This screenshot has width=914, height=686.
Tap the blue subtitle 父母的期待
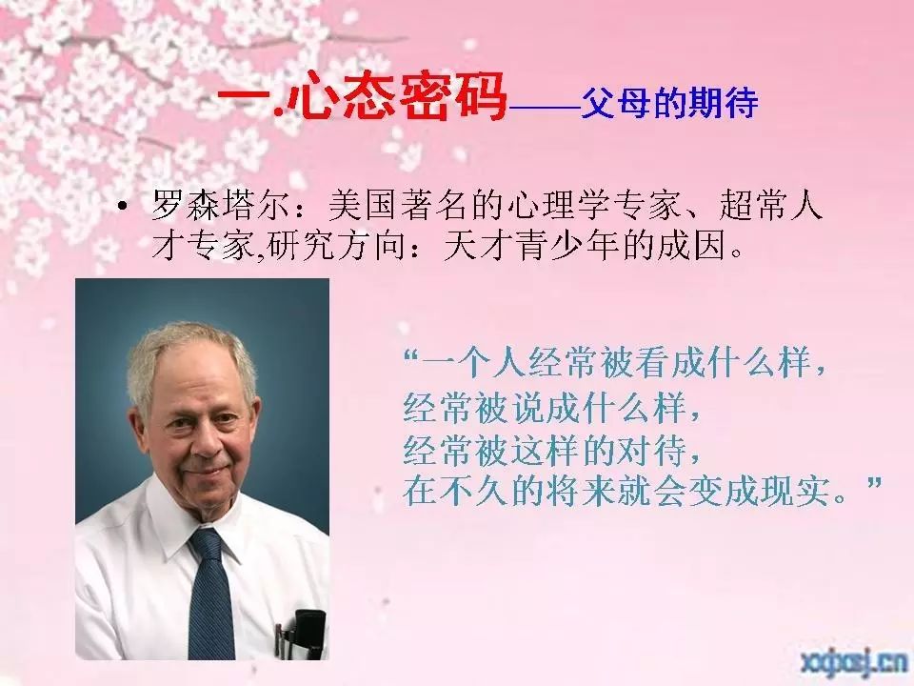[x=669, y=104]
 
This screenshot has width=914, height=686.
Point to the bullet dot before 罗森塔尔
[x=122, y=206]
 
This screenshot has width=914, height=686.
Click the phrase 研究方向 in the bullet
[x=336, y=245]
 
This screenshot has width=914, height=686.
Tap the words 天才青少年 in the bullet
[x=531, y=245]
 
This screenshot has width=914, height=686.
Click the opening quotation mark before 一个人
[x=411, y=354]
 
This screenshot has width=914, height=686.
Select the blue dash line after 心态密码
[x=544, y=108]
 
